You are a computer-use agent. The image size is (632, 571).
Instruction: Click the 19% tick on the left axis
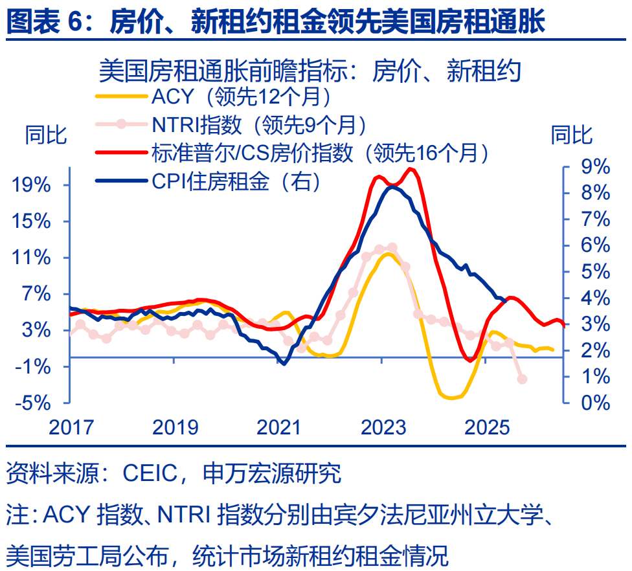point(31,185)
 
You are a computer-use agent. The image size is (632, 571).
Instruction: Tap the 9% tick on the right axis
point(594,167)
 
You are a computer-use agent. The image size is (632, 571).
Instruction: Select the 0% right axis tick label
point(594,403)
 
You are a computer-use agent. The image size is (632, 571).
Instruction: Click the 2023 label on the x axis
point(383,427)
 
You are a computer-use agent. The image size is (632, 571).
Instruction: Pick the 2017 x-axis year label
point(71,427)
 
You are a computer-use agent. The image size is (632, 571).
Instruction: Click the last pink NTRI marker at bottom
point(522,379)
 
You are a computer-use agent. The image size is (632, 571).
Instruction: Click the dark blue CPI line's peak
point(392,186)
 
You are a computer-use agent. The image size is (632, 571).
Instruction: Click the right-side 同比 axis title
point(571,136)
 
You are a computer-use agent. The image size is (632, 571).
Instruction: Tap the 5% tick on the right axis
point(594,272)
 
